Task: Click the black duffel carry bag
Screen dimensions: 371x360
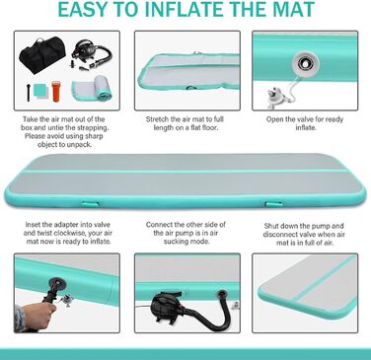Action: click(42, 54)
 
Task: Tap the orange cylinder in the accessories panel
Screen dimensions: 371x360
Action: click(56, 92)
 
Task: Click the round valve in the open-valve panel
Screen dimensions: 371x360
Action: click(306, 62)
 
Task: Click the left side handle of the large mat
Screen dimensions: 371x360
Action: click(90, 204)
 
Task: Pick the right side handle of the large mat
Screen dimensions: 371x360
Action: click(273, 204)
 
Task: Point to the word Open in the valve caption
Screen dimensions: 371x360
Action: click(274, 119)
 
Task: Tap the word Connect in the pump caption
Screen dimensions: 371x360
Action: click(159, 225)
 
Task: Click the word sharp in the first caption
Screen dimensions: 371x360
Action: click(94, 136)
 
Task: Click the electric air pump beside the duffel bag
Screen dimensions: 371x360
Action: click(91, 53)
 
